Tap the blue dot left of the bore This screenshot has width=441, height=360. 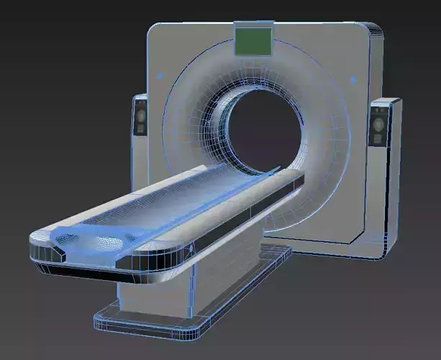[159, 73]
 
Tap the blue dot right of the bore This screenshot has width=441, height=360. [353, 80]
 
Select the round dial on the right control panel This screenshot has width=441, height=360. [378, 123]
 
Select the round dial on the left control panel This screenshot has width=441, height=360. [142, 113]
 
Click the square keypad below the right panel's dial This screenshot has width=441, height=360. [378, 140]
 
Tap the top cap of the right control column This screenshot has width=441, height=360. [386, 104]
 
